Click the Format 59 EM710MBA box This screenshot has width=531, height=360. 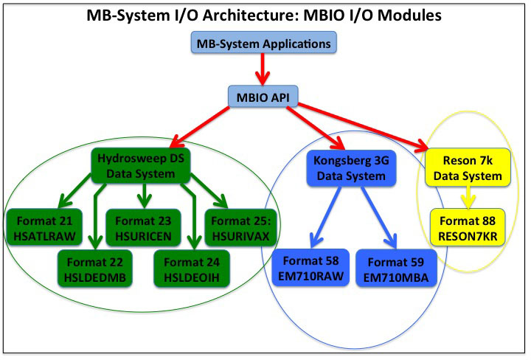(x=396, y=267)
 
